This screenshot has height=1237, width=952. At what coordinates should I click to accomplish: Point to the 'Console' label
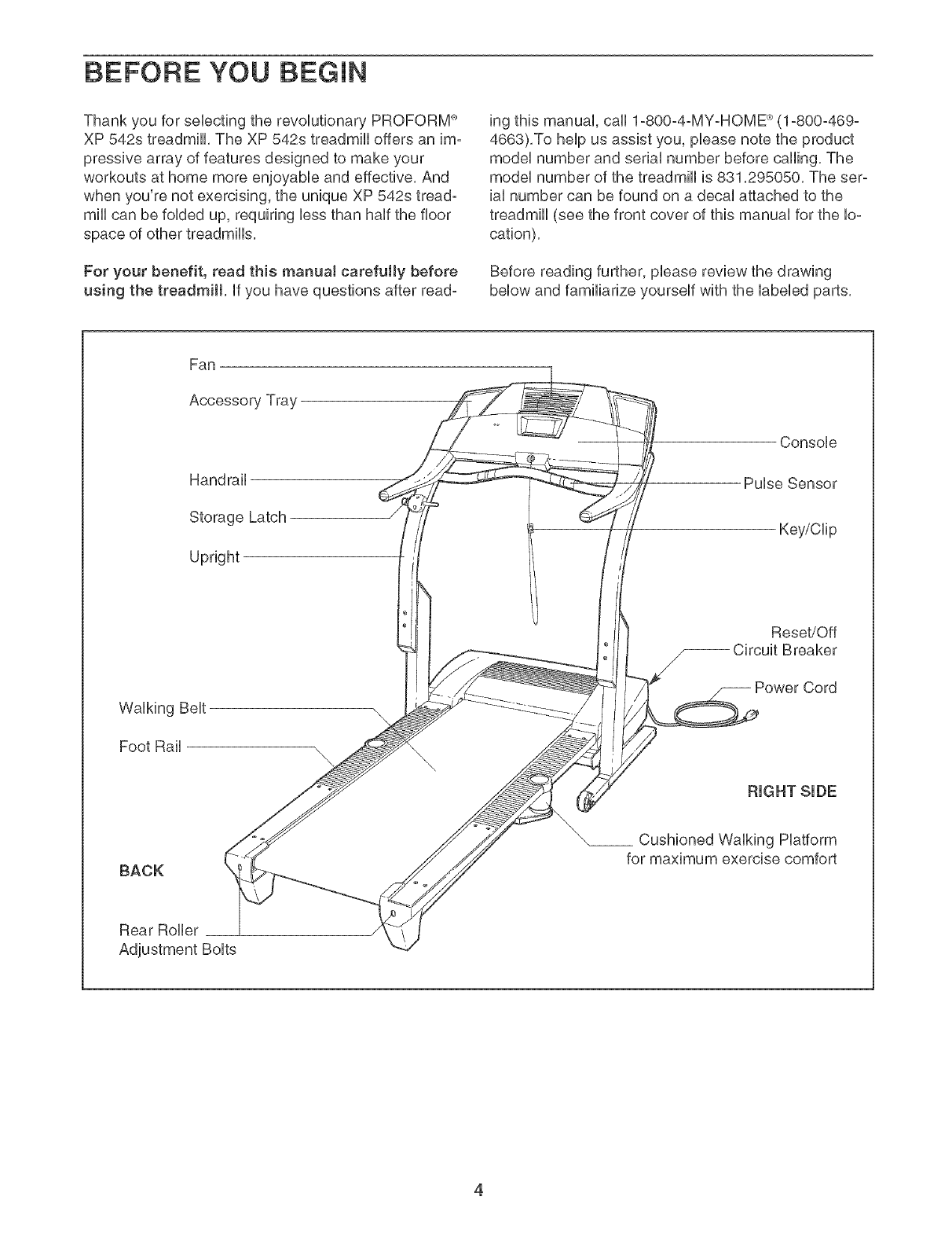tap(808, 442)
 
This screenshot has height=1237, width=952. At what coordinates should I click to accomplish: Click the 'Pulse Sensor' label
tap(790, 483)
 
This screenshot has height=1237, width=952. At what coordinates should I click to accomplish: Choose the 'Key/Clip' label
tap(807, 530)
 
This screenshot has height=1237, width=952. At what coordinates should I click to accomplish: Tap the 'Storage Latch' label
tap(238, 518)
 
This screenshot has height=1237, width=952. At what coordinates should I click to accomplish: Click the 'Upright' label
tap(214, 556)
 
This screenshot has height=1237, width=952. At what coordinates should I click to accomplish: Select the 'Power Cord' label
tap(795, 688)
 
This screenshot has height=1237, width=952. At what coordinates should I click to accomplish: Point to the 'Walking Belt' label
tap(162, 708)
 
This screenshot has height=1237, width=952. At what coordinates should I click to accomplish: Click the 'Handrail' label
tap(218, 479)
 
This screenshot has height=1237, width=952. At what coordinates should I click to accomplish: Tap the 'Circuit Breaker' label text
tap(785, 651)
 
